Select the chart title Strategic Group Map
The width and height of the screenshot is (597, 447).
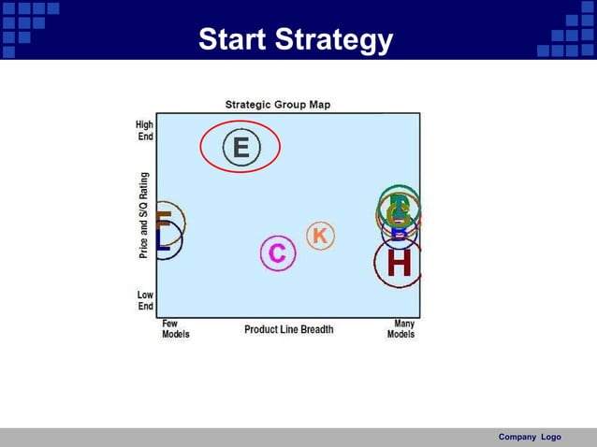click(277, 105)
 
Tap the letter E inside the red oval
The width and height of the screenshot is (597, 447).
click(240, 148)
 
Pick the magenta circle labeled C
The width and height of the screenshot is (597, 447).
click(277, 253)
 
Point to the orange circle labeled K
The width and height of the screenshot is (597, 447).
click(320, 237)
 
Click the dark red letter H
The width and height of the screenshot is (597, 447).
click(399, 264)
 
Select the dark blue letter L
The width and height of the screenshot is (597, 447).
click(163, 239)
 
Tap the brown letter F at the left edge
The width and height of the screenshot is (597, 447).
click(163, 220)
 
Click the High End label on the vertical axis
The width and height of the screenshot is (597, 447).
click(145, 130)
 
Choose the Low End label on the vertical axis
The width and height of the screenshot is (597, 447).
click(145, 300)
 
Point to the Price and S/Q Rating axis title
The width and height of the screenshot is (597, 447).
click(144, 214)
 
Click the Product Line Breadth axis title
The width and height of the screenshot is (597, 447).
click(288, 329)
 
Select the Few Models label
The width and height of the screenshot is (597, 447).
click(175, 329)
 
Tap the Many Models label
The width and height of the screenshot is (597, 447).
click(401, 329)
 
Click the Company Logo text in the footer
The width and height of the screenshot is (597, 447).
click(530, 438)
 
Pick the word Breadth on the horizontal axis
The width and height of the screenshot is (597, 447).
click(316, 329)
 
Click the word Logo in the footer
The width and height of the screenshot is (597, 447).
click(550, 438)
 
